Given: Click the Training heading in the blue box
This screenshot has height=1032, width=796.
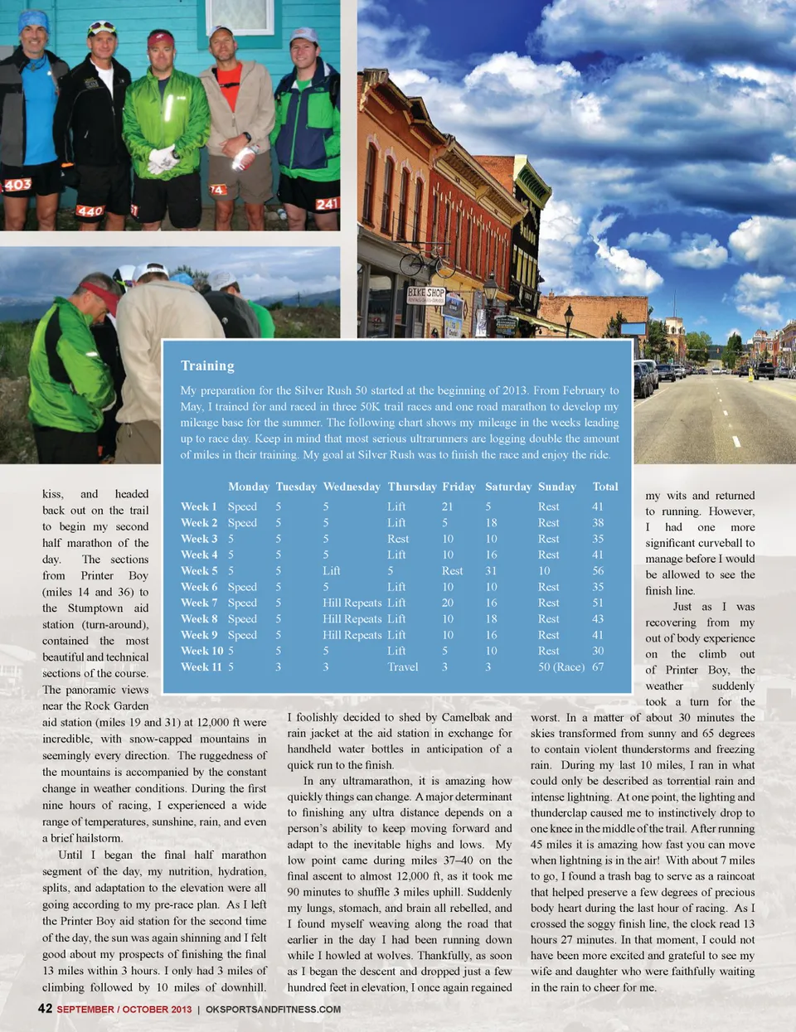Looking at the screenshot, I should point(207,366).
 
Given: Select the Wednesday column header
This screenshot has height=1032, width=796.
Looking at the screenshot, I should point(352,487).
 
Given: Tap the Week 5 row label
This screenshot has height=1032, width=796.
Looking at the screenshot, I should point(199,570).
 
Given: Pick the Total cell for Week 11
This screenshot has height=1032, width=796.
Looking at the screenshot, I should point(598,666).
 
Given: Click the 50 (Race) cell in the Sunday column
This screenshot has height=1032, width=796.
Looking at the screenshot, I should point(561,666).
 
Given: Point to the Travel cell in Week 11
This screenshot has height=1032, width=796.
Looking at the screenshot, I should point(403,666).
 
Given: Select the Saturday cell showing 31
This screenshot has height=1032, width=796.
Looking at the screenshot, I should point(491,570).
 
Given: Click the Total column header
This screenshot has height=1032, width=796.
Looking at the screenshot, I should point(605,487).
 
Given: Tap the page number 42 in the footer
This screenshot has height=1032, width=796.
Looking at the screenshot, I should point(45,1009).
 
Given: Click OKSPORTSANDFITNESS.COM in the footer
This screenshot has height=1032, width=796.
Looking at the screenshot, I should point(273,1010).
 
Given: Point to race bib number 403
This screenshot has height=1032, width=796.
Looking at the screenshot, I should point(18,185).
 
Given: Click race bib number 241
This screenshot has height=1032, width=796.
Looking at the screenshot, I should point(327,204).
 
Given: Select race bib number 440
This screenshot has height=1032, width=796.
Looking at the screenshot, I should point(90,211).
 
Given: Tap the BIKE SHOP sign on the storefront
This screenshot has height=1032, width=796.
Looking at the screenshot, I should point(426,294).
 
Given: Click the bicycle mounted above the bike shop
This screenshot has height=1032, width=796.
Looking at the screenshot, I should point(427,264).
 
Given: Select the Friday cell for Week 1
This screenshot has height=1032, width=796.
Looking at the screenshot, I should point(447,506).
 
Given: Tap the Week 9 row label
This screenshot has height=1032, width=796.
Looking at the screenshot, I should point(199,635).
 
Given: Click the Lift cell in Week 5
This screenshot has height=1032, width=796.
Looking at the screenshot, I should point(332,570).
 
